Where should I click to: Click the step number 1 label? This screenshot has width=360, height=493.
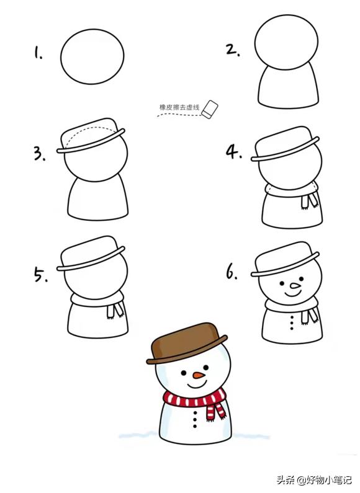click(38, 53)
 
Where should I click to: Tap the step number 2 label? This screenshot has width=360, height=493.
click(233, 50)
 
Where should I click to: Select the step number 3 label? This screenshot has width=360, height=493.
click(40, 154)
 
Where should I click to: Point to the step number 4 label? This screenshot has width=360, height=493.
click(234, 151)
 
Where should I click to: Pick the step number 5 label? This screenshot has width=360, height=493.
click(40, 274)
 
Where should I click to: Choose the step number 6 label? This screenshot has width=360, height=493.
click(232, 272)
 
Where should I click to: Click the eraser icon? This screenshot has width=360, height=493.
click(210, 110)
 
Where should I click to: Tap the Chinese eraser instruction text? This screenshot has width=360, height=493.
click(179, 107)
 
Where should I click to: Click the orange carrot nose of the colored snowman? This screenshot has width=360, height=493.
click(199, 375)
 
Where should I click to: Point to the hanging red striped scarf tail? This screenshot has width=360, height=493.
click(216, 410)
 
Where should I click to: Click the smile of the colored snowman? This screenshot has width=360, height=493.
click(197, 384)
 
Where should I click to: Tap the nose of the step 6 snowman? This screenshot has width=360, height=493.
click(295, 286)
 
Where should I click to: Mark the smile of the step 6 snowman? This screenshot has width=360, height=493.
click(293, 295)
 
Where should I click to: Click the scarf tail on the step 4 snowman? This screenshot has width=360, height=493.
click(310, 200)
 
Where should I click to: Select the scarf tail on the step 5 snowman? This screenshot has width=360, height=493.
click(115, 310)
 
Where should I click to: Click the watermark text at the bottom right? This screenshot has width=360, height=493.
click(314, 480)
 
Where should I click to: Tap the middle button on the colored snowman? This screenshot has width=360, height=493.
click(195, 419)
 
